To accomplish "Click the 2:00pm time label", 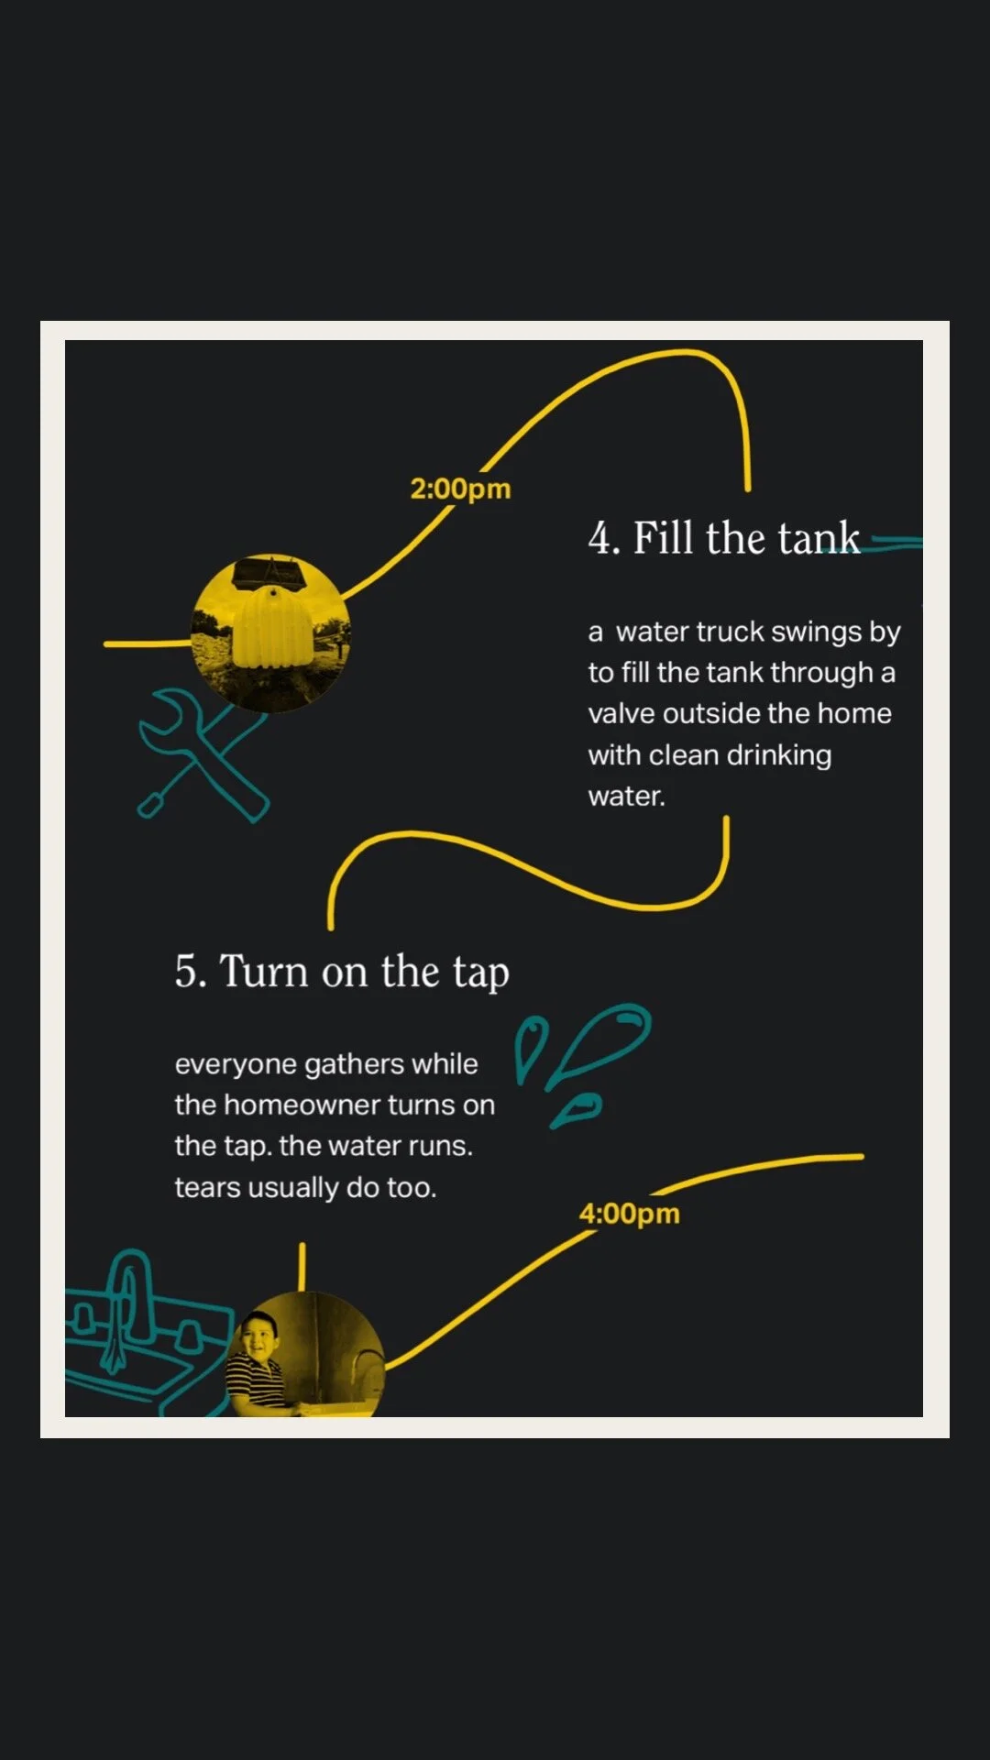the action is (x=460, y=489).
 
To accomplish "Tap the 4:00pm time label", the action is (x=629, y=1214).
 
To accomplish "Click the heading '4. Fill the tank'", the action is (x=724, y=538).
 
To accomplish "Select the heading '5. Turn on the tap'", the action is (x=342, y=973).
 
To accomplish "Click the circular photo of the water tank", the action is (x=271, y=632).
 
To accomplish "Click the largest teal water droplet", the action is (x=600, y=1043).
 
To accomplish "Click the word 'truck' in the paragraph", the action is (x=731, y=632).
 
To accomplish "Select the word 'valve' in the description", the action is (x=621, y=713).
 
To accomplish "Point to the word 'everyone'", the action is (x=236, y=1065).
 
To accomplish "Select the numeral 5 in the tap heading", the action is (x=186, y=972).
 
